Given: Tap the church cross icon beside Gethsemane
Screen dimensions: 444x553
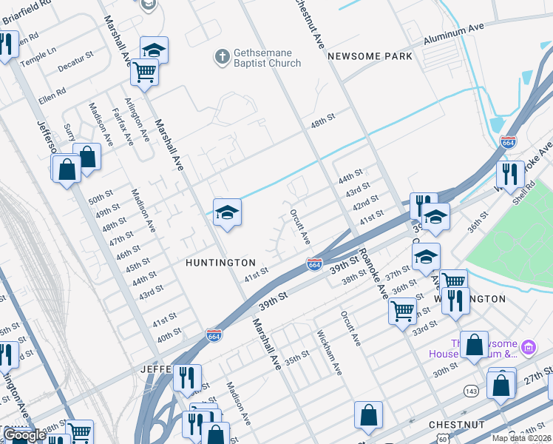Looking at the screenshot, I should tap(221, 56).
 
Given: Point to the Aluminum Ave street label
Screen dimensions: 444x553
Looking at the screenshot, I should tap(453, 36).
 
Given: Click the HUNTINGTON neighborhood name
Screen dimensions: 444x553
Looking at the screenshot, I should tap(220, 263).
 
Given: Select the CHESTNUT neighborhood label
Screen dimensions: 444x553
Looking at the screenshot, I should tap(457, 425).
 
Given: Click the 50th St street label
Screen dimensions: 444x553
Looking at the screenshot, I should tap(99, 200).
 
